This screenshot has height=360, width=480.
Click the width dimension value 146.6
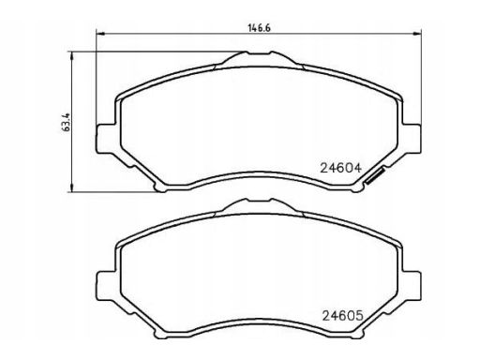click(x=259, y=28)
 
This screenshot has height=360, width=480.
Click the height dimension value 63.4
click(x=67, y=122)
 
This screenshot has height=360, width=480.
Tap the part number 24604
click(x=340, y=168)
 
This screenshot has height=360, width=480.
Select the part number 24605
click(x=343, y=316)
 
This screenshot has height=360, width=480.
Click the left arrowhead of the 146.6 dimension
click(x=99, y=34)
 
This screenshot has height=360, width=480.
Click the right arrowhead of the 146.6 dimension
click(x=417, y=34)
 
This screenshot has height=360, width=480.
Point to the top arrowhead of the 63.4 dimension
click(x=72, y=56)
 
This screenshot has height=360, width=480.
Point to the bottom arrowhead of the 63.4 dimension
click(x=72, y=187)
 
